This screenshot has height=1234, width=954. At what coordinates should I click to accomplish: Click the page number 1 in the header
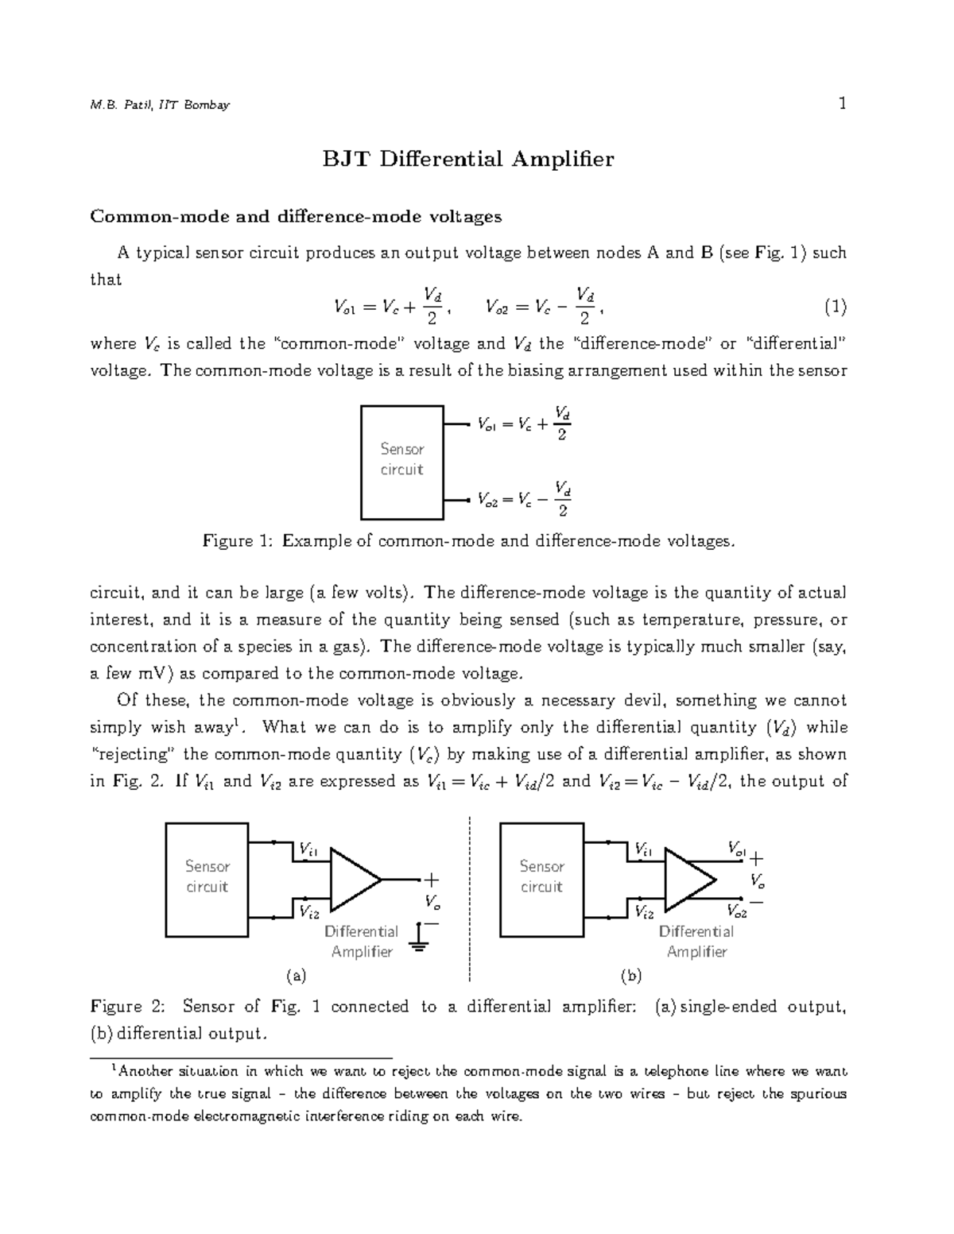[x=842, y=103]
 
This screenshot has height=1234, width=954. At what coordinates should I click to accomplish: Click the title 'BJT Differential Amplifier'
[x=467, y=160]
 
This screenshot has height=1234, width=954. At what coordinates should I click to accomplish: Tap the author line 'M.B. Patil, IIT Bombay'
[x=160, y=105]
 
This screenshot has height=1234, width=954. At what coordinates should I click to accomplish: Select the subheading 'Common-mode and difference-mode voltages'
[x=296, y=216]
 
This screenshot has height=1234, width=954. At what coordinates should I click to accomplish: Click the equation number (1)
[x=835, y=306]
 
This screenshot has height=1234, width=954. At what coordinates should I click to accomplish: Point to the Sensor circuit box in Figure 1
[x=401, y=462]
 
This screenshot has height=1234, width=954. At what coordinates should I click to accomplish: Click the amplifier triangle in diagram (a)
[x=352, y=880]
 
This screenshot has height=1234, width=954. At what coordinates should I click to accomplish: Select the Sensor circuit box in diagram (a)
[x=207, y=880]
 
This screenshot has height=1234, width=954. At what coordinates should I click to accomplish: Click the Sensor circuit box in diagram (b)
[x=541, y=880]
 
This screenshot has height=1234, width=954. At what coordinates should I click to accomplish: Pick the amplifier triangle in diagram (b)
[x=687, y=880]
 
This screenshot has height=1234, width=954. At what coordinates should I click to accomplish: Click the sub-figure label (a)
[x=296, y=975]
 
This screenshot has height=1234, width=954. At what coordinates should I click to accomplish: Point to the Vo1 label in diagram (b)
[x=736, y=849]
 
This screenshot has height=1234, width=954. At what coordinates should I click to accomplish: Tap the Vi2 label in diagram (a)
[x=308, y=911]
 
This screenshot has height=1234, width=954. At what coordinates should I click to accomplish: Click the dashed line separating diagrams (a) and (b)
[x=470, y=898]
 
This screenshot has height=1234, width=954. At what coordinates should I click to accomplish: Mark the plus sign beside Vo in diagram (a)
[x=431, y=880]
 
